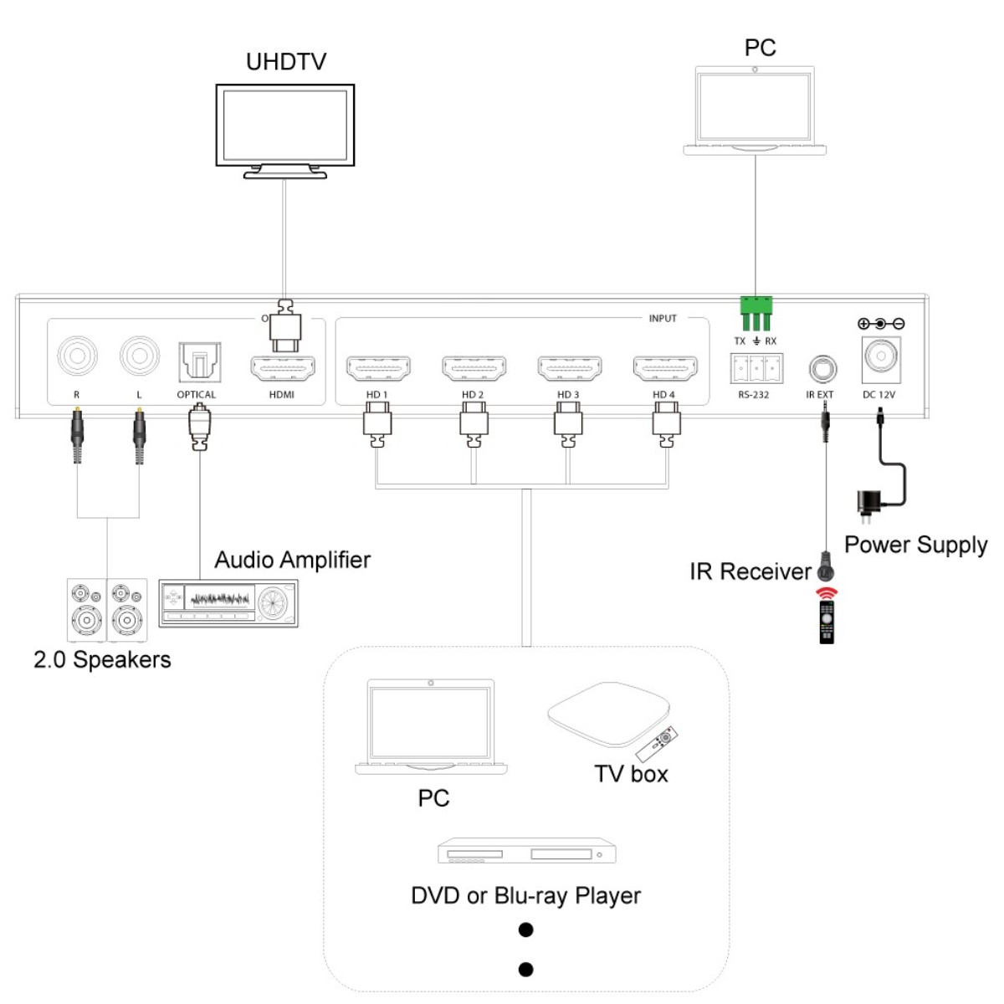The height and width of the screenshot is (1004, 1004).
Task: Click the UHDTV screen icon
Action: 285,127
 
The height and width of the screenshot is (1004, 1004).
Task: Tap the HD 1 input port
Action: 378,368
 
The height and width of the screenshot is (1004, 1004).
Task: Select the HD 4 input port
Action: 665,368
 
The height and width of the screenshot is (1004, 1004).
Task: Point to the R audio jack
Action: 77,356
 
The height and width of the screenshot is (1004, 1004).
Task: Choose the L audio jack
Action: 140,356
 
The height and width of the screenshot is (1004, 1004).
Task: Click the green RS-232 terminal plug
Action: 756,314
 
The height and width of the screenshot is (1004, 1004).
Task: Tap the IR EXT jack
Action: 822,368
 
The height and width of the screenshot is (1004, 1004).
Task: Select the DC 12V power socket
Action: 881,358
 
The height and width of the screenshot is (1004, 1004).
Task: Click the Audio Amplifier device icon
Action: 228,602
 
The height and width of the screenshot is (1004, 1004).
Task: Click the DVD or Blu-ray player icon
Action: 527,851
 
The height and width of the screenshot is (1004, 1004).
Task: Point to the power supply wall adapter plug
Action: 866,504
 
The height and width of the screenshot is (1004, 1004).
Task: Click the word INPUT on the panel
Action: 663,319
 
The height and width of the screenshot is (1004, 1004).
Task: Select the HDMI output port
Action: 283,368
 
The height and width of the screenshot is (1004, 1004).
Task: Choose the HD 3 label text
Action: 568,395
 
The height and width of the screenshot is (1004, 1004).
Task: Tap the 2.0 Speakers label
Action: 102,660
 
